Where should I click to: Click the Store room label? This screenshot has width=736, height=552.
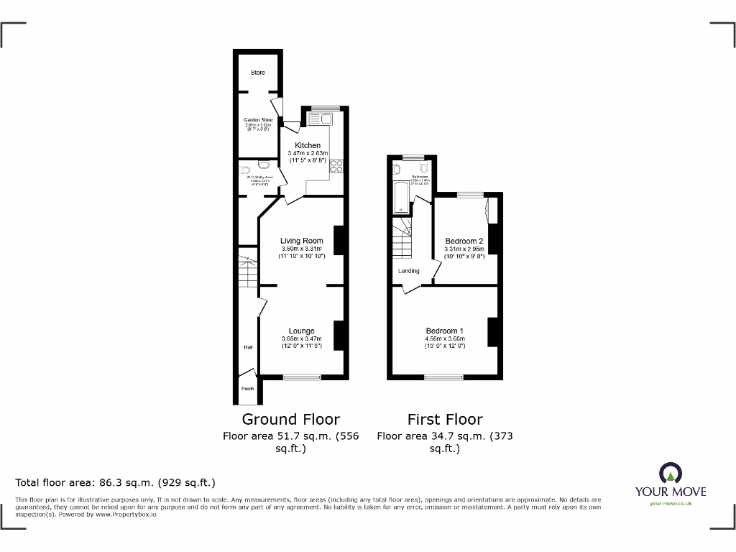click(257, 73)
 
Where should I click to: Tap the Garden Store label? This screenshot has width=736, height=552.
click(258, 120)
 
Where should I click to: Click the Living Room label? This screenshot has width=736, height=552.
click(301, 241)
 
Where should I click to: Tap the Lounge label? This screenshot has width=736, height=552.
click(301, 331)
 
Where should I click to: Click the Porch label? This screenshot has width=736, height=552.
click(247, 389)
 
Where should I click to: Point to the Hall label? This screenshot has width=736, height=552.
click(247, 347)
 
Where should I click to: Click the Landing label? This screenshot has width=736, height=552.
click(408, 271)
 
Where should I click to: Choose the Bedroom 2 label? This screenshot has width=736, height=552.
click(464, 241)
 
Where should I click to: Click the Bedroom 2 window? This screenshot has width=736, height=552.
click(470, 194)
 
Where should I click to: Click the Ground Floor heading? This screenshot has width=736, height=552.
click(290, 419)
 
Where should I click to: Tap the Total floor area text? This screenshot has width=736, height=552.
click(115, 482)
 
